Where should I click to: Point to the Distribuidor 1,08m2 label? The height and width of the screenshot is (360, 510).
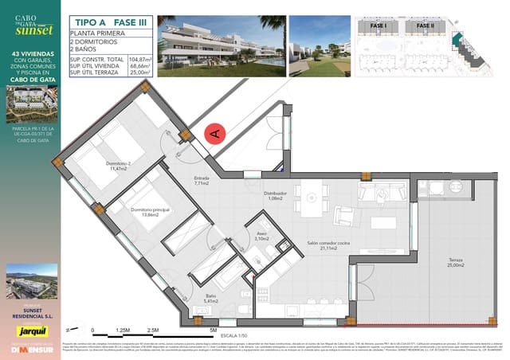pos(276,195)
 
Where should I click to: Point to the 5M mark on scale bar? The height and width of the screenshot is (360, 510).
pos(214,329)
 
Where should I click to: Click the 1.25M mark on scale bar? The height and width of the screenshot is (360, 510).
pos(123,329)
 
